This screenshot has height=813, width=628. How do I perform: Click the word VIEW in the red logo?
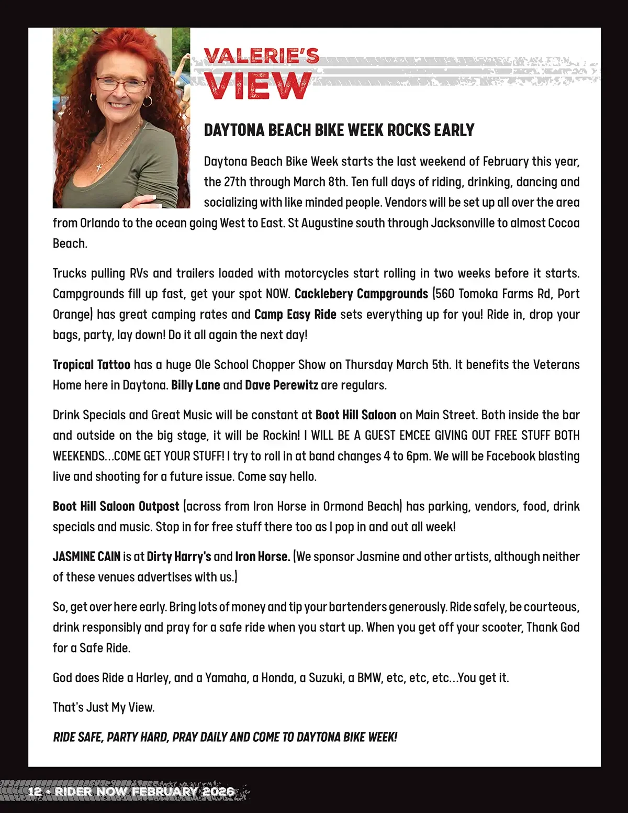pos(257,86)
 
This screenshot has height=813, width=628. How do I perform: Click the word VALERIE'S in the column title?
pos(261,56)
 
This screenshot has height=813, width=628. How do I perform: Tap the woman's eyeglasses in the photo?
pos(121,83)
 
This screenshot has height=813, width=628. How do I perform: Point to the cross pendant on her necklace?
pos(99,166)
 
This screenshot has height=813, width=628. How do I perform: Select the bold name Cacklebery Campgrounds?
pos(361,294)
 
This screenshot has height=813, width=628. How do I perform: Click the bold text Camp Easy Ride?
pos(295,314)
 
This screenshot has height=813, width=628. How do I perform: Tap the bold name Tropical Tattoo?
pos(92,364)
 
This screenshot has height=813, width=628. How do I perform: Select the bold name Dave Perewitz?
pos(281,385)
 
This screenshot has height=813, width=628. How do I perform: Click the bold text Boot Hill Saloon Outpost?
pos(116,506)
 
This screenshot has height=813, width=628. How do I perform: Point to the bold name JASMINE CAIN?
pos(86,556)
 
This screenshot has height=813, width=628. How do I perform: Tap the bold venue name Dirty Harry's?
pos(179,556)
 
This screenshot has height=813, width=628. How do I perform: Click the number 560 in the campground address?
pos(445,294)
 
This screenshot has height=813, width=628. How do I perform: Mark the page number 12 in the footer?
pos(35,791)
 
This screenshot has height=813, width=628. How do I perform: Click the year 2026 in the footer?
pos(218,791)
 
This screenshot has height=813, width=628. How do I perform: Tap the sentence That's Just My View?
pos(104,707)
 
